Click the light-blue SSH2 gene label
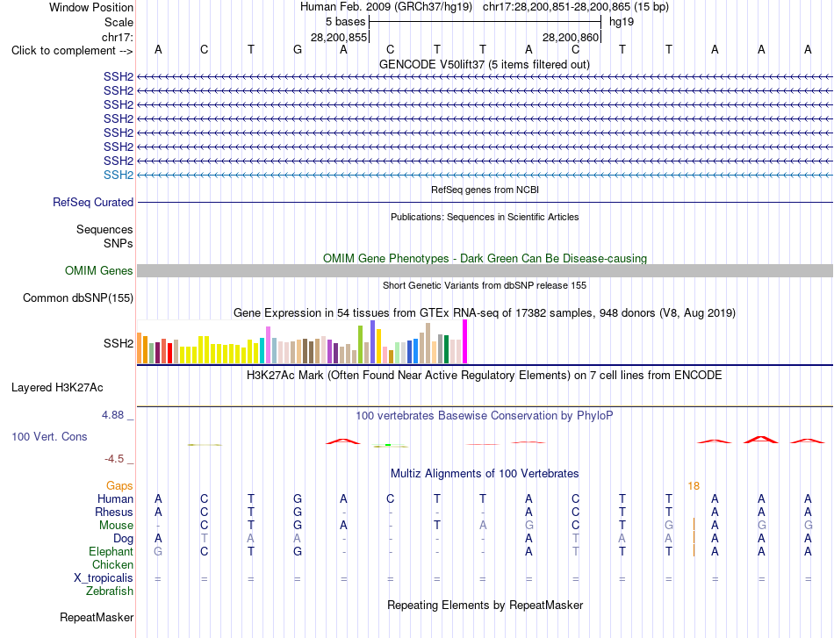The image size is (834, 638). point(119,175)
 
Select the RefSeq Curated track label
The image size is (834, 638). point(93,202)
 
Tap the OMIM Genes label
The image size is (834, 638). point(99,270)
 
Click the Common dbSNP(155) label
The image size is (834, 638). point(78,297)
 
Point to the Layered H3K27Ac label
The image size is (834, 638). point(57,387)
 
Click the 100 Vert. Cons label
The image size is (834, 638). point(49,436)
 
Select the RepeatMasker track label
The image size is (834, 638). point(97,617)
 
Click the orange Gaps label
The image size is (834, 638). point(119,486)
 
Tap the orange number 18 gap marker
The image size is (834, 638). point(694,486)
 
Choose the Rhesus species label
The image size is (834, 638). point(114,512)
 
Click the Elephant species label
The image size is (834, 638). point(111,551)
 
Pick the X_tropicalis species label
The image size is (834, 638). point(104,578)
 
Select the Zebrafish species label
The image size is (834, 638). point(110,591)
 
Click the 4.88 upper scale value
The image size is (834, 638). point(112,415)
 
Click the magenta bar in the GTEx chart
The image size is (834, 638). point(465,341)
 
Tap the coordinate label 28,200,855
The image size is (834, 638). point(339,37)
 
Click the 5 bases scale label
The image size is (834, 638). point(346,22)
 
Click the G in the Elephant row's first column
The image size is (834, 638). point(158,551)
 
